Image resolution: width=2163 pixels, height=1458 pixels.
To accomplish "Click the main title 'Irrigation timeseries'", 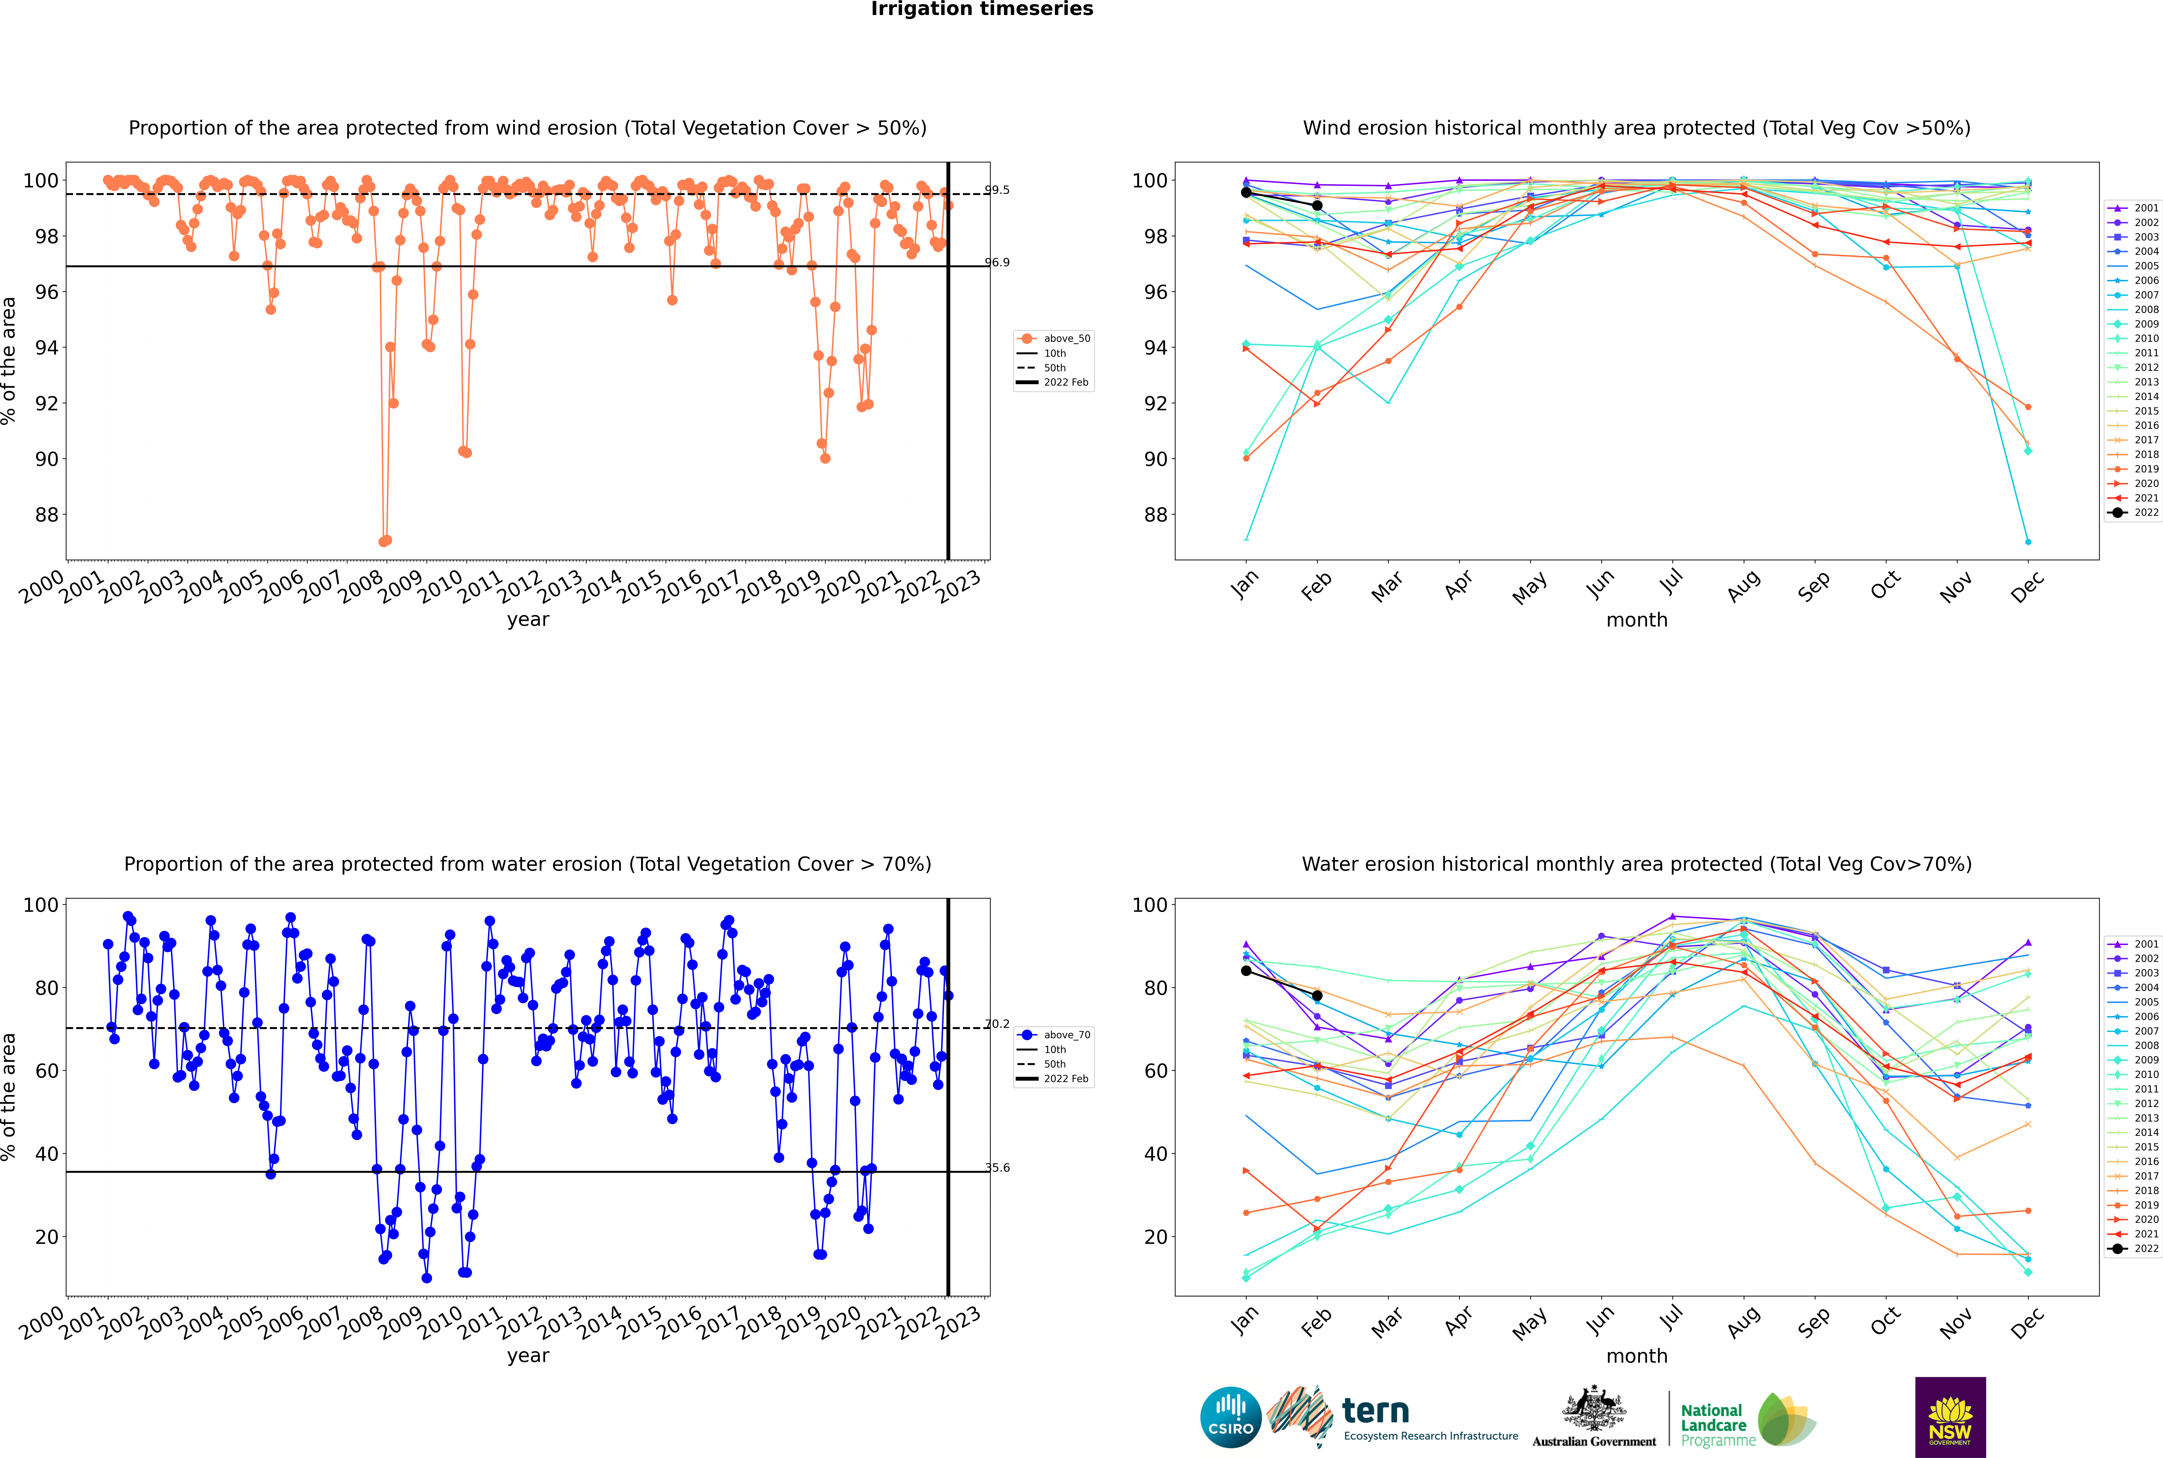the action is pyautogui.click(x=982, y=9).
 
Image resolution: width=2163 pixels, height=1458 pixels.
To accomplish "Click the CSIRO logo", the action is pyautogui.click(x=1230, y=1417).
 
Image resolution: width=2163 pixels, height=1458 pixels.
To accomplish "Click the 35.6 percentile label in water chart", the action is pyautogui.click(x=997, y=1168).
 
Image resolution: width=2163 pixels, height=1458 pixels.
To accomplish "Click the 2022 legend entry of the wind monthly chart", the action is pyautogui.click(x=2134, y=512).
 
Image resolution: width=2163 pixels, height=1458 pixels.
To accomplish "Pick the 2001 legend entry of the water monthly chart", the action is pyautogui.click(x=2134, y=944).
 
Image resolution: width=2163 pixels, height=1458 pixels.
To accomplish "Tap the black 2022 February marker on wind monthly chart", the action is pyautogui.click(x=1317, y=205).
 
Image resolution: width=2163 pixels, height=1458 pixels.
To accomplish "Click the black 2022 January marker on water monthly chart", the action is pyautogui.click(x=1246, y=971).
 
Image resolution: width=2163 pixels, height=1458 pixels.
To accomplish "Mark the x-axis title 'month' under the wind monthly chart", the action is pyautogui.click(x=1637, y=620).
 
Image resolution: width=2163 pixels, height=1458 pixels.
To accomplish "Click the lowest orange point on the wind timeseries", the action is pyautogui.click(x=383, y=541).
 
